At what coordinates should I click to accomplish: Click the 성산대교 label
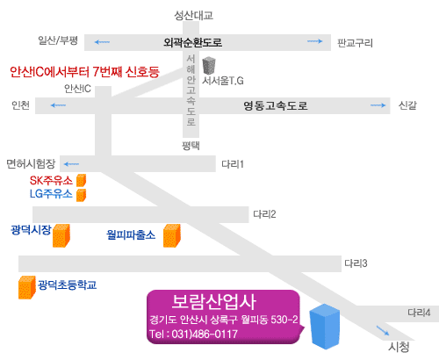[x=194, y=16]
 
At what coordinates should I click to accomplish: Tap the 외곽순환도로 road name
[x=193, y=43]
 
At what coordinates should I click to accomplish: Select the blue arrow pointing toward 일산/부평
[x=102, y=42]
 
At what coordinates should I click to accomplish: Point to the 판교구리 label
[x=355, y=43]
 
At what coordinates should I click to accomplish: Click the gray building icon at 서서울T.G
[x=209, y=66]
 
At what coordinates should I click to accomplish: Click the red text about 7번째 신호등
[x=84, y=72]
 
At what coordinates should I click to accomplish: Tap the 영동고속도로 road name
[x=276, y=105]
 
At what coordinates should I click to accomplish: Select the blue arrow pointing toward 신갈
[x=378, y=105]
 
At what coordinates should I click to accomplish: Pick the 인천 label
[x=21, y=105]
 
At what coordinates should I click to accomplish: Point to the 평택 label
[x=191, y=146]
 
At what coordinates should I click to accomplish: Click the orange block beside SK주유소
[x=82, y=180]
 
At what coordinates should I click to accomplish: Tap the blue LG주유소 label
[x=51, y=194]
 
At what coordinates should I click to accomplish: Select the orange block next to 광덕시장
[x=61, y=235]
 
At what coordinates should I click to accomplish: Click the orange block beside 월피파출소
[x=172, y=235]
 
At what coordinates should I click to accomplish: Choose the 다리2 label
[x=264, y=214]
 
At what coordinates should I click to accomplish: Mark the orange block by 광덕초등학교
[x=27, y=287]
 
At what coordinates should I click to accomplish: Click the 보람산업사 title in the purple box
[x=214, y=302]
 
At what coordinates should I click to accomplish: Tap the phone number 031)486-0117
[x=205, y=334]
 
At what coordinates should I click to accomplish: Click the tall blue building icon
[x=325, y=327]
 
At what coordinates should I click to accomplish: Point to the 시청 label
[x=399, y=347]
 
